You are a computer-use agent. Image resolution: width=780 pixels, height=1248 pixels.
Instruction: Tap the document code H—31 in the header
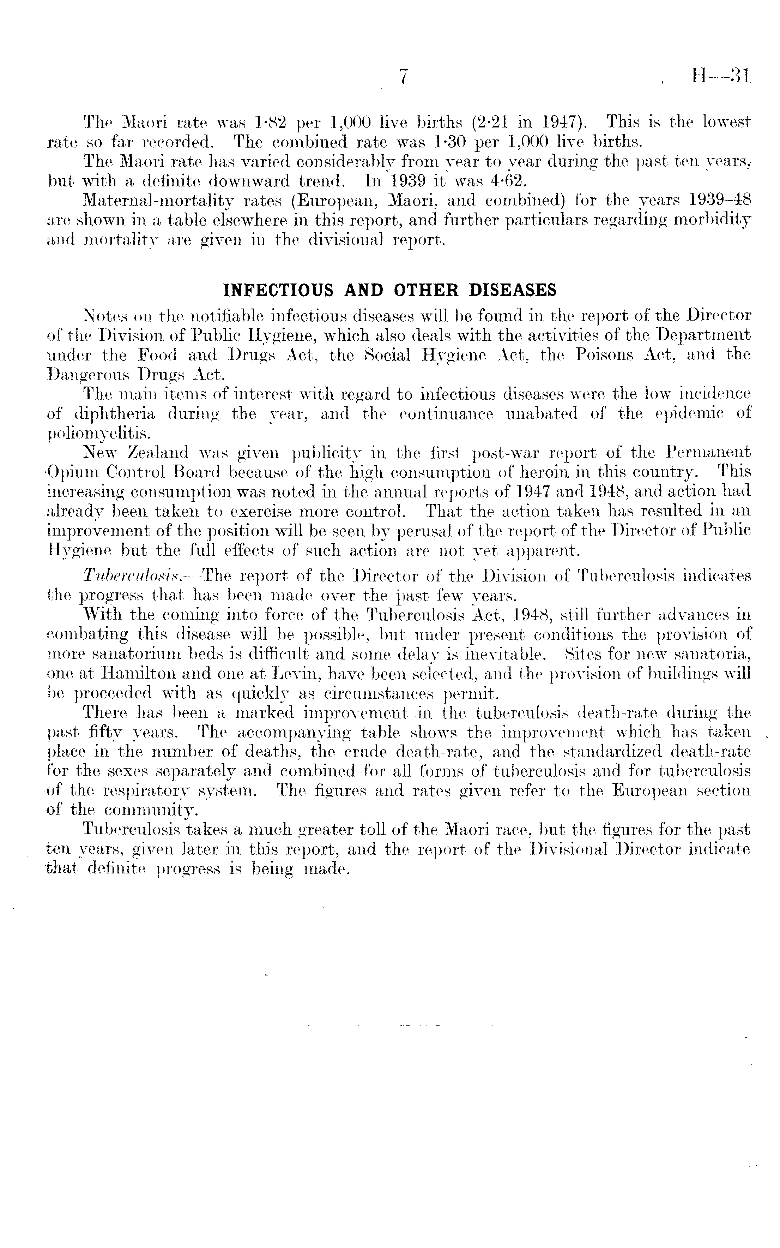[719, 76]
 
